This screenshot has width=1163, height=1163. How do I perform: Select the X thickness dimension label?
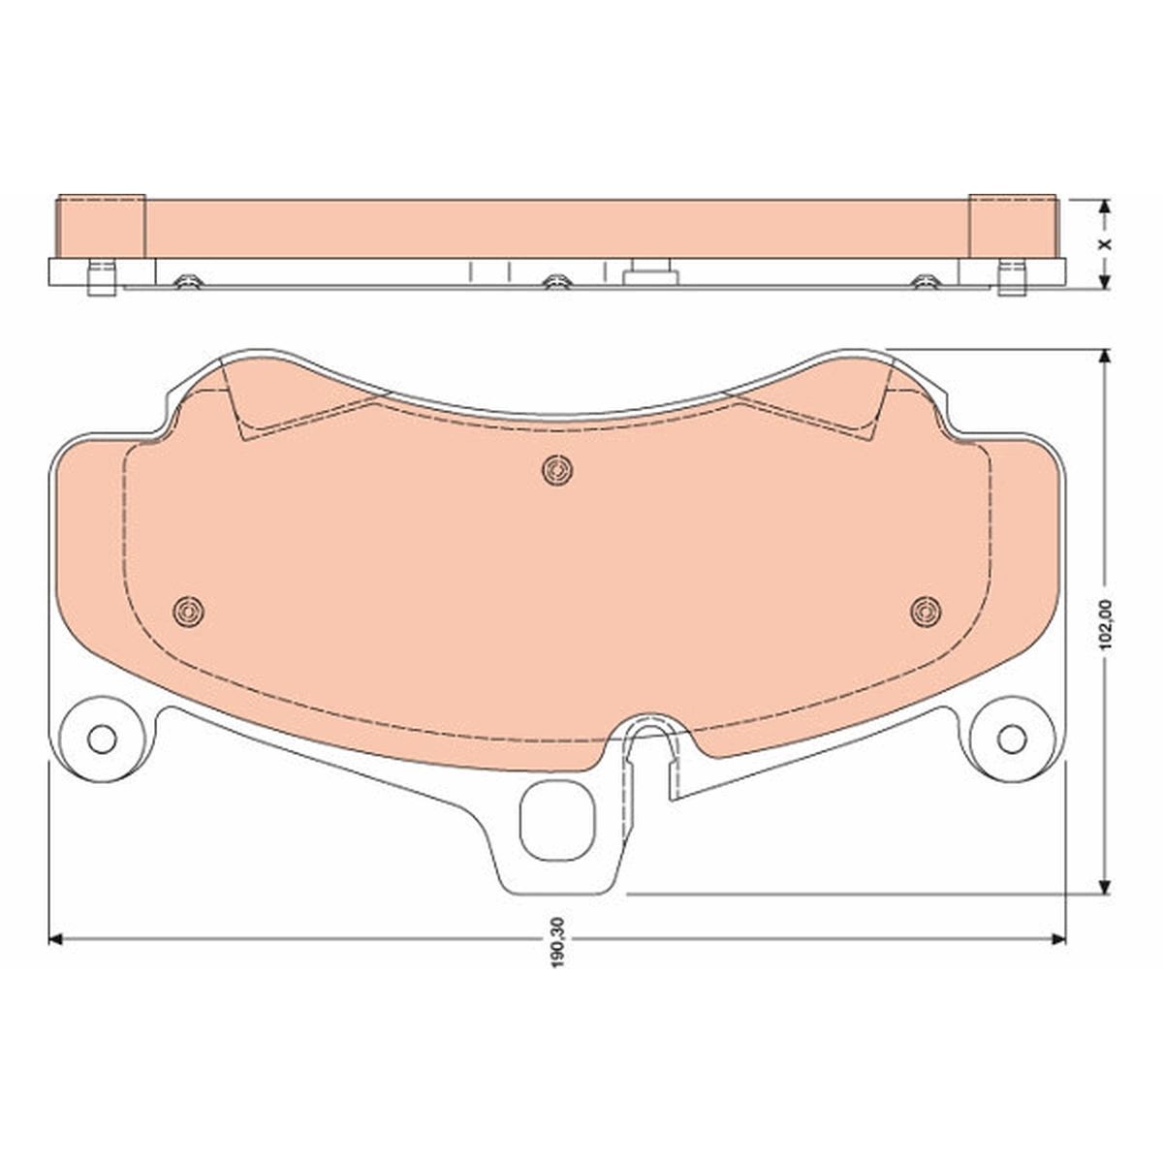coord(1105,244)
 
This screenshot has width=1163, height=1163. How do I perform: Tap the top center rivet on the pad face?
coord(557,469)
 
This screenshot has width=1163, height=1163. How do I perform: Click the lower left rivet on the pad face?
coord(188,612)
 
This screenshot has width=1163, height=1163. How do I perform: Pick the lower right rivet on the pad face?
coord(926,612)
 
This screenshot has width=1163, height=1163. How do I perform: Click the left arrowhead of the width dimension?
coord(55,939)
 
